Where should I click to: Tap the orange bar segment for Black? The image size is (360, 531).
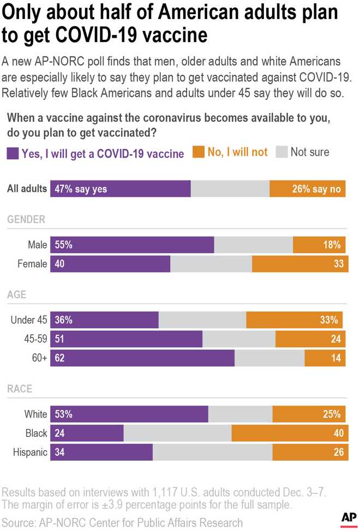289,433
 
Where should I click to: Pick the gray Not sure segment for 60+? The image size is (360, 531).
269,358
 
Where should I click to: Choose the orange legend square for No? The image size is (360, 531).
199,153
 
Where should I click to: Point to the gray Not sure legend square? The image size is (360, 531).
281,153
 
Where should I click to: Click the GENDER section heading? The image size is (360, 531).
26,220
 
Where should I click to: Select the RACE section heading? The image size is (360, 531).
20,389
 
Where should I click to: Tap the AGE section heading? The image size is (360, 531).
17,295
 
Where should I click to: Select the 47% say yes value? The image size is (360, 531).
81,189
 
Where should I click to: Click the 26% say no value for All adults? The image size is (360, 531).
316,189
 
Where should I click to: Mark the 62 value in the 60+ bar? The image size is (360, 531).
60,358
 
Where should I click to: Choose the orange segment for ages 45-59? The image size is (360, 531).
310,339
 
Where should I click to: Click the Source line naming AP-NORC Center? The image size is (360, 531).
123,522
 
